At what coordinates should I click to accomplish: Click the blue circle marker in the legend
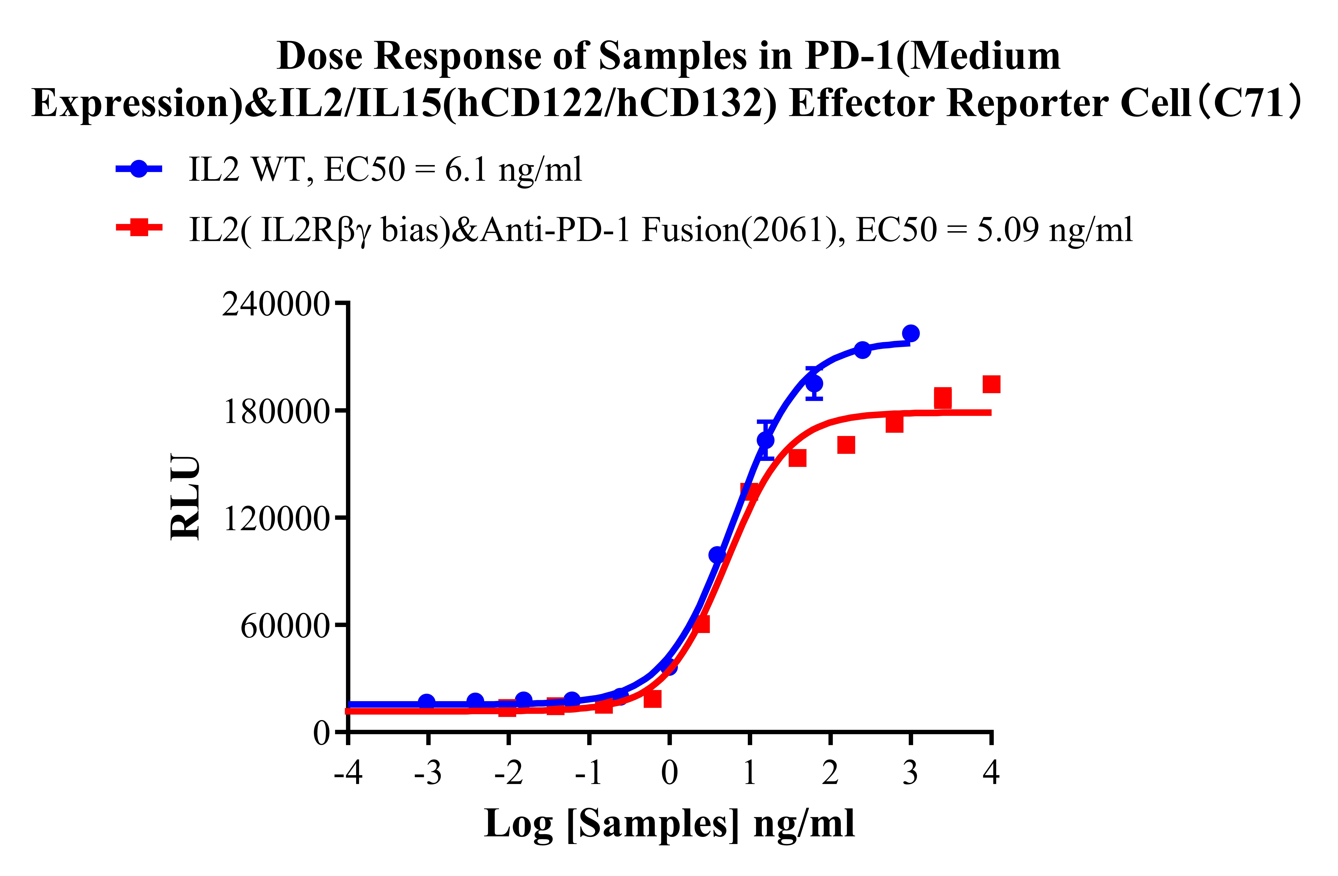point(139,169)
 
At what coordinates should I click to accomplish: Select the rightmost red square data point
point(991,385)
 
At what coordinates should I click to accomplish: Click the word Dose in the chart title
point(320,57)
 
